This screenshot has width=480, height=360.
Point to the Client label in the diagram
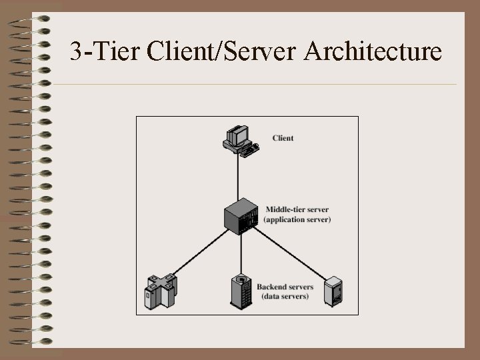point(283,138)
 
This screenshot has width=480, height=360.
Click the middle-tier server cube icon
point(241,215)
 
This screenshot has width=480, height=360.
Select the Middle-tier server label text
point(297,209)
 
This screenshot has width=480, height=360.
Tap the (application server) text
point(297,219)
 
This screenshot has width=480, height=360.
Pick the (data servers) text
point(285,296)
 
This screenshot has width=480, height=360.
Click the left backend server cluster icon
point(161,291)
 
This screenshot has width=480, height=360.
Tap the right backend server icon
point(333,291)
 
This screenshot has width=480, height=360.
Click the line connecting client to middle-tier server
point(239,177)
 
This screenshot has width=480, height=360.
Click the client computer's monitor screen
point(235,135)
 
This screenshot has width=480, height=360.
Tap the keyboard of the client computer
point(249,150)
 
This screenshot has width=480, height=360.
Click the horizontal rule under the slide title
point(253,85)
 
